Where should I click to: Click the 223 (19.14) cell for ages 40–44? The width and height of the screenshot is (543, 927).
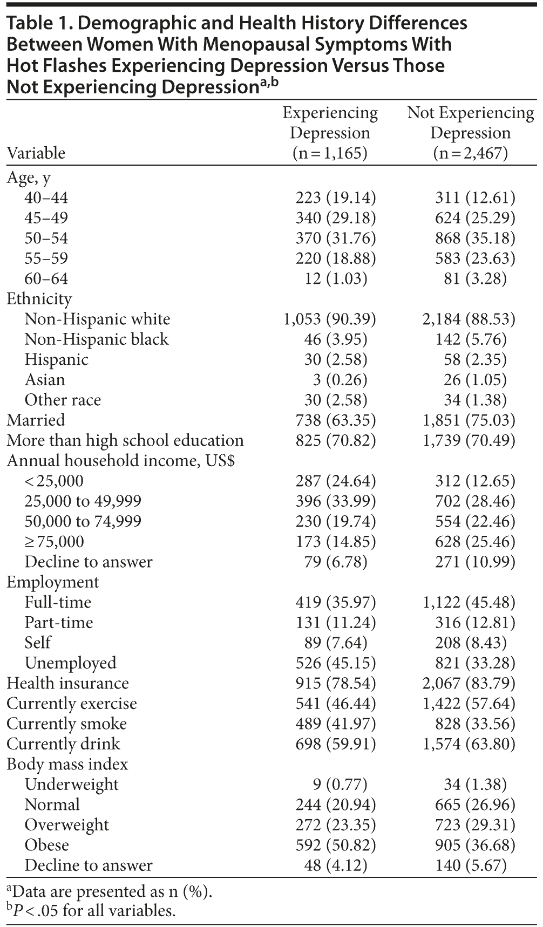tap(335, 198)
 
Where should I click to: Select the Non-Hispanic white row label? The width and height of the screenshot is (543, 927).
tap(97, 319)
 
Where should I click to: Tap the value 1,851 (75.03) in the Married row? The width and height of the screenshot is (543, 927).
tap(469, 420)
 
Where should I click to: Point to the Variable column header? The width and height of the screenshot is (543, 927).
tap(36, 153)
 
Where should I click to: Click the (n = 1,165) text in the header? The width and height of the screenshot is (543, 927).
tap(330, 153)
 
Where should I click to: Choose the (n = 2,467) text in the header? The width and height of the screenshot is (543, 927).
tap(470, 153)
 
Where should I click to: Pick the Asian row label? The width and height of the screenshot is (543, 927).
tap(45, 380)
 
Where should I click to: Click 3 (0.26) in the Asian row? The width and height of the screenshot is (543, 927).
tap(340, 380)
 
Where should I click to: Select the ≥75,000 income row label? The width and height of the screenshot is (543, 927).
tap(54, 542)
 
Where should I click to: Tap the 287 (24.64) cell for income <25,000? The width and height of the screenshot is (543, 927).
tap(335, 481)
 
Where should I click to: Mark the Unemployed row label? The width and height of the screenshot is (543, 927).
tap(70, 663)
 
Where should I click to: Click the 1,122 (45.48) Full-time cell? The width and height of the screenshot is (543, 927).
tap(469, 603)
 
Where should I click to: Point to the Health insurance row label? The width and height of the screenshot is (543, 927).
tap(67, 684)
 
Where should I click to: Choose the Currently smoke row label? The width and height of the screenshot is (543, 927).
tap(66, 724)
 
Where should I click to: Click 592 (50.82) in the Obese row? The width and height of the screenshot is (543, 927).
tap(335, 846)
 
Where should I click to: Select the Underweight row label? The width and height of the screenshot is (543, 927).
tap(71, 785)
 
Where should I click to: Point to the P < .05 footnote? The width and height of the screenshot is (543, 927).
tap(92, 911)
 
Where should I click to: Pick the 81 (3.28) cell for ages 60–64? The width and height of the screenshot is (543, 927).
tap(471, 279)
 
